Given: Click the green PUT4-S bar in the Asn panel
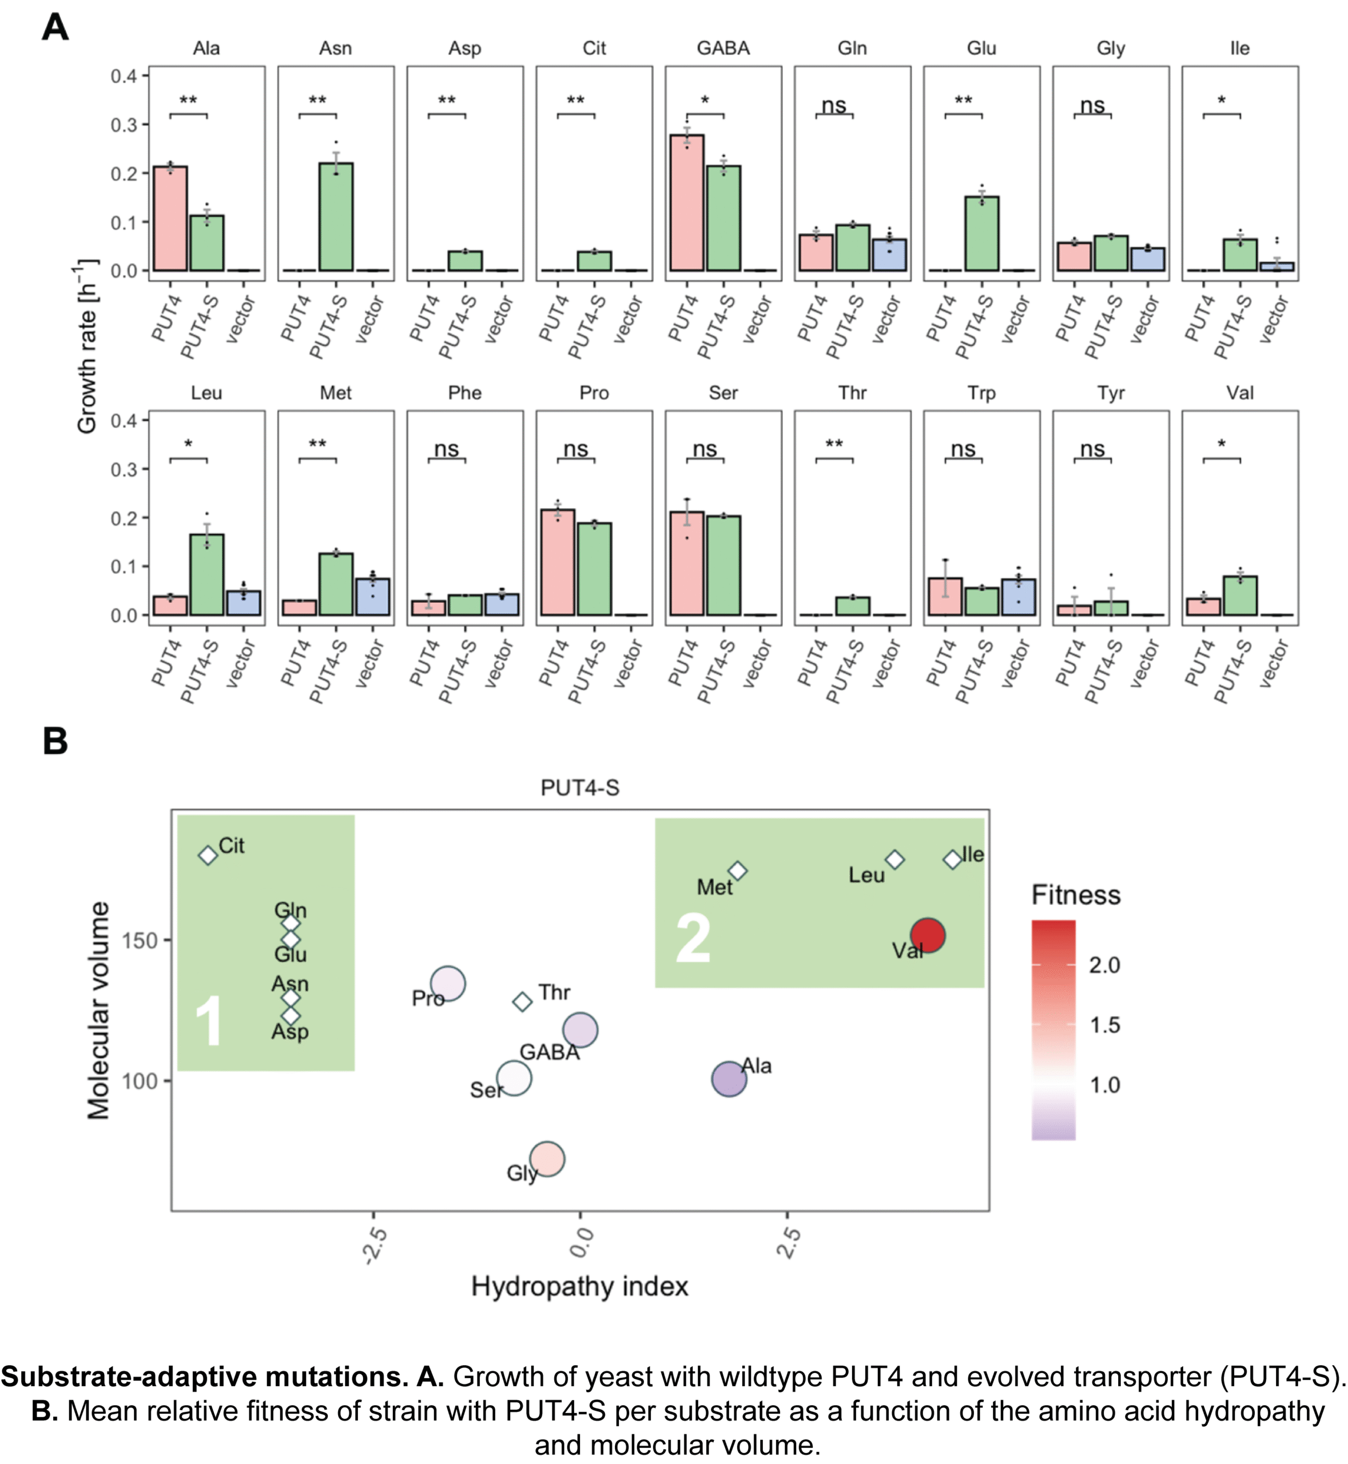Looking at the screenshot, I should pos(336,217).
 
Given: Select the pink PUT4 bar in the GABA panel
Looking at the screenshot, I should pos(687,203).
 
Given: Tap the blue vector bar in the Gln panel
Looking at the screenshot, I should pos(889,255).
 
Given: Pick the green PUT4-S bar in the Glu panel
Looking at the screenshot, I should pos(982,233).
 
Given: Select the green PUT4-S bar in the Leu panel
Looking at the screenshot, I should pos(207,575).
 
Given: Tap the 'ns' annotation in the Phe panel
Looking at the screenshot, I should pos(447,449).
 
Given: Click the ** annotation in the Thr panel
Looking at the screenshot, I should pos(834,444).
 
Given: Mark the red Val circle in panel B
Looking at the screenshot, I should pos(928,935).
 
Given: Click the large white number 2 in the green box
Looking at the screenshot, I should pos(693,939).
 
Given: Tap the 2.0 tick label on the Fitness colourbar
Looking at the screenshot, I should pos(1104,965).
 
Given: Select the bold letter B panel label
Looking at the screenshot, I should pos(55,741).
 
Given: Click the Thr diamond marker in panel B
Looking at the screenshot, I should pos(522,1001).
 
